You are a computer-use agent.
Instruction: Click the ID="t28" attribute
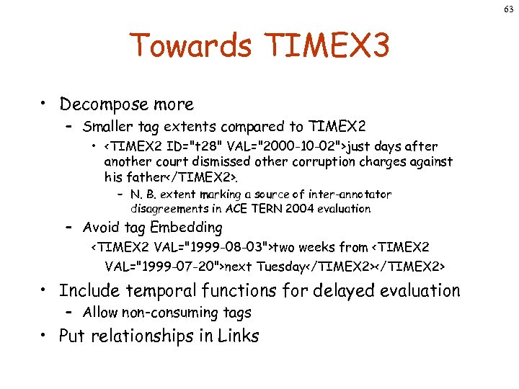pos(189,147)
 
